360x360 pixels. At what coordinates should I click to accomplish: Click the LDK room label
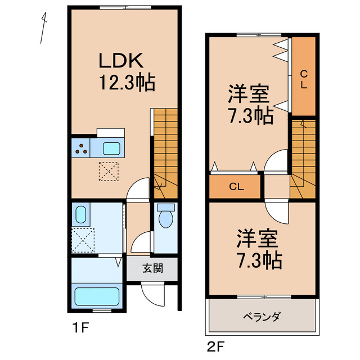pyautogui.click(x=123, y=61)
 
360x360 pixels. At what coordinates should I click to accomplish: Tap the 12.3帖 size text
pyautogui.click(x=127, y=83)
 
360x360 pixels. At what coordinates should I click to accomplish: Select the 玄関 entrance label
pyautogui.click(x=152, y=268)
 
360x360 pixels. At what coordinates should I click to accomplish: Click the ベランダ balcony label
pyautogui.click(x=262, y=317)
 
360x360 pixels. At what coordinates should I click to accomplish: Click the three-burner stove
pyautogui.click(x=82, y=149)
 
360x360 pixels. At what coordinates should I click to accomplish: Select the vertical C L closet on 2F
pyautogui.click(x=303, y=79)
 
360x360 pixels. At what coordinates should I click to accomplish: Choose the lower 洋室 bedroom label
pyautogui.click(x=258, y=240)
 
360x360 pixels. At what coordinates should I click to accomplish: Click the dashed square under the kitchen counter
pyautogui.click(x=109, y=170)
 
